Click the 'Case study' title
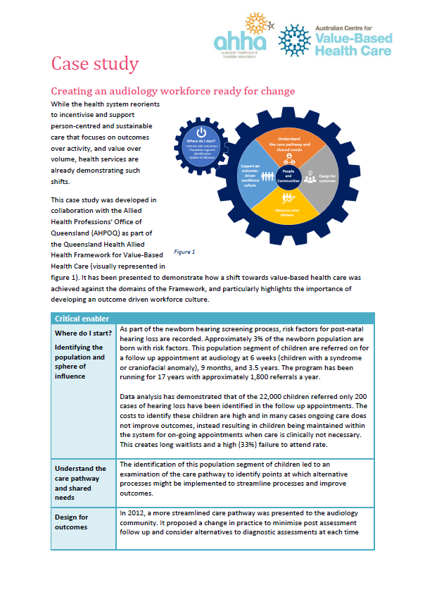tap(94, 64)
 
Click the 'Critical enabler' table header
tap(82, 318)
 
